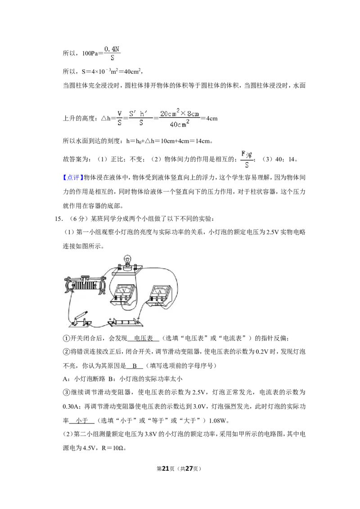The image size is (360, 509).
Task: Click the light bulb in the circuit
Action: (127, 261)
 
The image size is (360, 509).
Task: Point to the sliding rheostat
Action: (85, 285)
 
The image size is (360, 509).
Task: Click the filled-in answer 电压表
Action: (143, 338)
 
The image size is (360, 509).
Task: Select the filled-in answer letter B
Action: (135, 366)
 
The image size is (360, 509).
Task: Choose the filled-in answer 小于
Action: (82, 421)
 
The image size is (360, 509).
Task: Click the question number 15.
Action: (58, 219)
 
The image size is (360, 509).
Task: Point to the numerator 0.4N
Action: (112, 49)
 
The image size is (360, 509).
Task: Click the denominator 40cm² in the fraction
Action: (180, 124)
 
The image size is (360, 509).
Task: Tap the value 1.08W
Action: (218, 421)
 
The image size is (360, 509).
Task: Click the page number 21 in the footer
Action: (166, 469)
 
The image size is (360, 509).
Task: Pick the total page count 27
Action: (189, 469)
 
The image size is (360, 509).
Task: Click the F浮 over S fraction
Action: (247, 159)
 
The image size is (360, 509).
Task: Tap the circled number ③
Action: (66, 393)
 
